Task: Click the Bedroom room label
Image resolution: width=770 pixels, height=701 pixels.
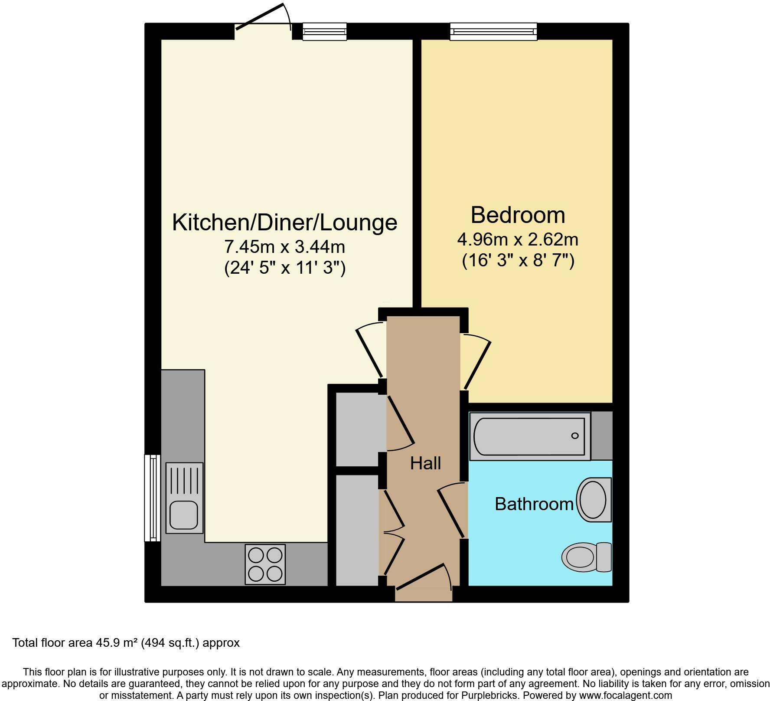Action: coord(518,215)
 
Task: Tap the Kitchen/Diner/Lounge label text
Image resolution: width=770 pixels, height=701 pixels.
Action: coord(284,222)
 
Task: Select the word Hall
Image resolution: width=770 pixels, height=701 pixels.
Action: coord(425,463)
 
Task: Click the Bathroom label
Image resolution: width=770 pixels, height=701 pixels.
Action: coord(534,504)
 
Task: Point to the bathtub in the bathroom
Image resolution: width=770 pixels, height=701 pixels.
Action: coord(529,436)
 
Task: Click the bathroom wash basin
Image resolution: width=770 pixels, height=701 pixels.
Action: coord(594,499)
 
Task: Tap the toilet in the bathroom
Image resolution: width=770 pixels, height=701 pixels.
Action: coord(586,557)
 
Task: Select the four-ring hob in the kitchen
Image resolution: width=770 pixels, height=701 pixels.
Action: coord(265,564)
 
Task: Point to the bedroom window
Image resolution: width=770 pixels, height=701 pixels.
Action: coord(493,32)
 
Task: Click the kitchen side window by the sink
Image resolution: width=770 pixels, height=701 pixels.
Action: coord(152,498)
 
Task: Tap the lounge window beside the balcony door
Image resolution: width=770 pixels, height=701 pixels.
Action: coord(324,32)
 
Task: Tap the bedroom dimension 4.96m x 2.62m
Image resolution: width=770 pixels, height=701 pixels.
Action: coord(518,239)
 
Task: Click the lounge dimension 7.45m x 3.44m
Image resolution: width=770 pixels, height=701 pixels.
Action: coord(284,247)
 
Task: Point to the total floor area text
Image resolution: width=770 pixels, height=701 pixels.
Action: coord(126,642)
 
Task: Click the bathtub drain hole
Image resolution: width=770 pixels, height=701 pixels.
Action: coord(575,436)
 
